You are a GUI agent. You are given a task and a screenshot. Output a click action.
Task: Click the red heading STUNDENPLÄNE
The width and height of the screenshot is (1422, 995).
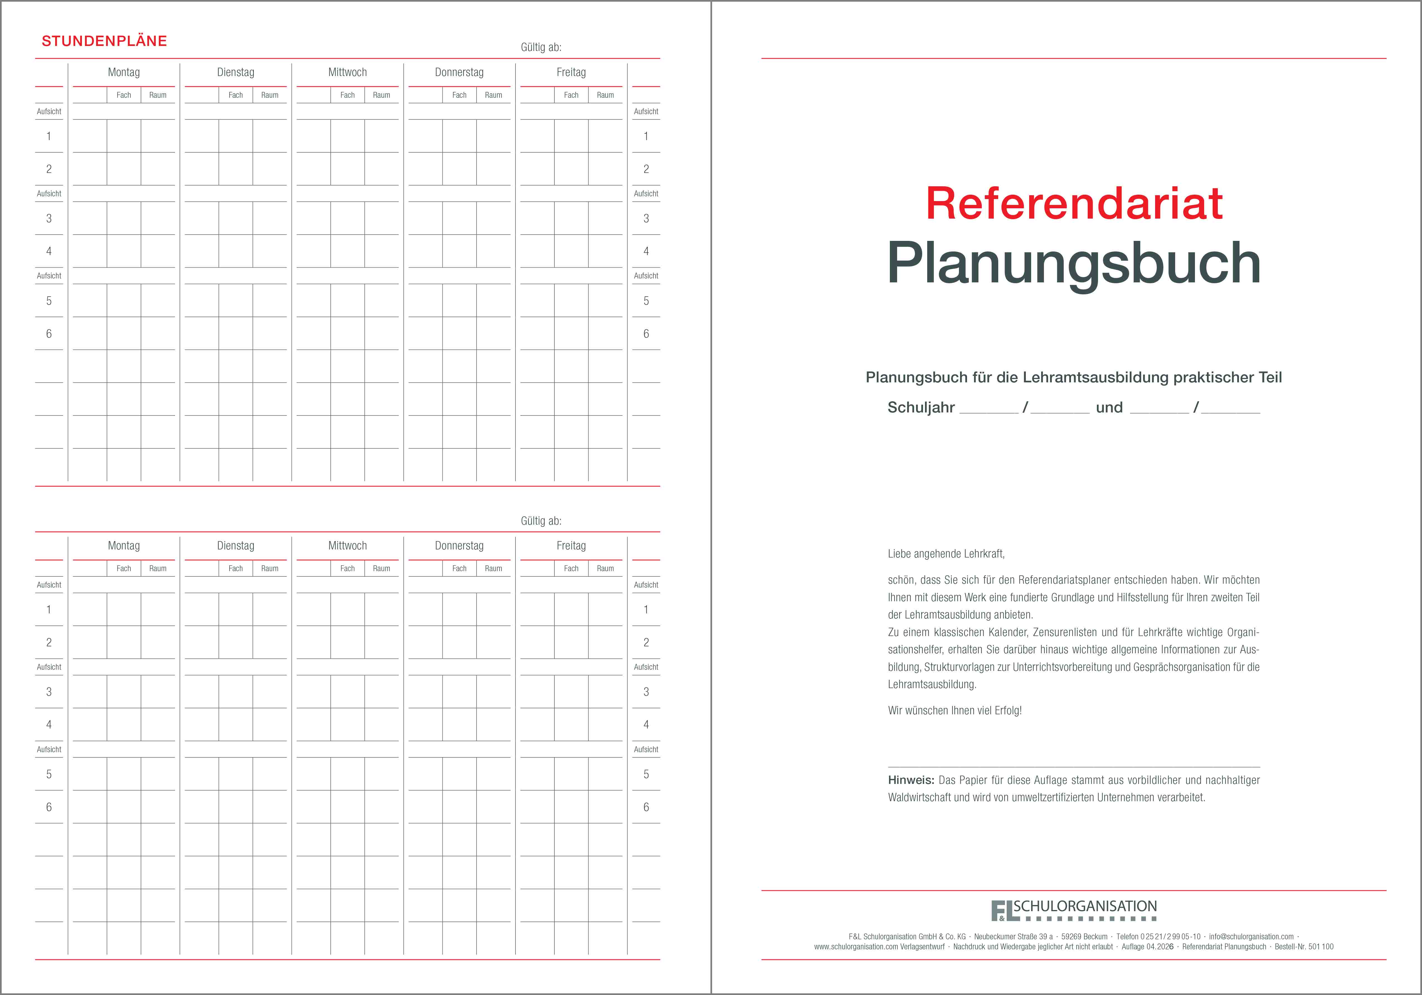pos(104,41)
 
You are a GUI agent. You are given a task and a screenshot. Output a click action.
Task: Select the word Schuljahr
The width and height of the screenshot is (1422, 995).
pos(921,407)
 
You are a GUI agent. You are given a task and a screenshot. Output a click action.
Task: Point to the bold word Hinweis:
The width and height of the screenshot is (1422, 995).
pos(910,780)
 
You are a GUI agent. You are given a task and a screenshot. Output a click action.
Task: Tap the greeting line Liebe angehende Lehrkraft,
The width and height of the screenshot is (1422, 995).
pos(946,554)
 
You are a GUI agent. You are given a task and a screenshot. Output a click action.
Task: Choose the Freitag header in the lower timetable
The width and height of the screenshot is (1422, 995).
pos(571,546)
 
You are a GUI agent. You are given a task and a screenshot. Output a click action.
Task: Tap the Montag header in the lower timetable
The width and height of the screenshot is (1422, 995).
pos(124,546)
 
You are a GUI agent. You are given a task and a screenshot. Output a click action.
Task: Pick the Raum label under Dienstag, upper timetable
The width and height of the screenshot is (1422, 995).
pos(269,95)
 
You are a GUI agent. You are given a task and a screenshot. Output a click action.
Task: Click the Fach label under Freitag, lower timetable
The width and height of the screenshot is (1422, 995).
pos(571,568)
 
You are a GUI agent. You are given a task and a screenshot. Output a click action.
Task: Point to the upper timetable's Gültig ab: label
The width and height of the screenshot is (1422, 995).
pos(541,47)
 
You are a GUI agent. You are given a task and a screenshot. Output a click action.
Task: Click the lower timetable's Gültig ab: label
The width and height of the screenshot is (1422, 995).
pos(541,521)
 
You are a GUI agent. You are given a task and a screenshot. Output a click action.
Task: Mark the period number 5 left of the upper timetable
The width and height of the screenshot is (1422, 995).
pos(49,301)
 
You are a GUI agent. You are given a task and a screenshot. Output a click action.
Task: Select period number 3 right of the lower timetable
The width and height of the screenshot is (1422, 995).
pos(646,692)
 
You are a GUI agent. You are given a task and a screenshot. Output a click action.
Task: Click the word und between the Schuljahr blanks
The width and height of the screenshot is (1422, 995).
pos(1109,407)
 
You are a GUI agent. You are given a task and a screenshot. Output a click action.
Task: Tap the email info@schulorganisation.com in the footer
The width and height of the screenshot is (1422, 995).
pos(1251,937)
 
